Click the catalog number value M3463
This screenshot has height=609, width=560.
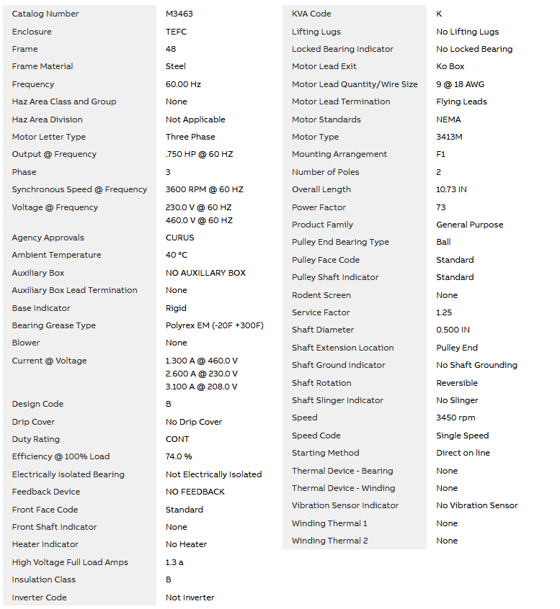click(x=179, y=14)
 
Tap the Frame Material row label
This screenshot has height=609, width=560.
click(x=43, y=66)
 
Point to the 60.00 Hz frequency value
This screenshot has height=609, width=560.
click(x=183, y=84)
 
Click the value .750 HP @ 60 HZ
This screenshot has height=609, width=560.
click(x=199, y=154)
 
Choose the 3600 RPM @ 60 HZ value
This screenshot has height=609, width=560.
click(x=205, y=189)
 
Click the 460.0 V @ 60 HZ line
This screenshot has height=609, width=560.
click(x=199, y=220)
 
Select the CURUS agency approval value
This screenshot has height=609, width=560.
click(x=180, y=238)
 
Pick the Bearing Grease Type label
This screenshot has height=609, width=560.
click(x=54, y=325)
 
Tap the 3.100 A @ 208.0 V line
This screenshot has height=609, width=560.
click(x=201, y=387)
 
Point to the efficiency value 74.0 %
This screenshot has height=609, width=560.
click(x=179, y=456)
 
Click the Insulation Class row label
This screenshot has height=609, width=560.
click(x=44, y=579)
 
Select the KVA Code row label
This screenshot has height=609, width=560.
click(x=311, y=14)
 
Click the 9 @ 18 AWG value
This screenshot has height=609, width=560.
click(x=461, y=84)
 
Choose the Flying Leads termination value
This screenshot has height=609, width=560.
click(x=461, y=101)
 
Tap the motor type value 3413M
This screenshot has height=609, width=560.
click(x=450, y=137)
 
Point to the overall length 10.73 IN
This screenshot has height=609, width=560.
click(x=451, y=189)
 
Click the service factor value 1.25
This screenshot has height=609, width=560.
click(x=444, y=312)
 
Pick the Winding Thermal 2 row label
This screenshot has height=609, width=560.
click(x=329, y=541)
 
